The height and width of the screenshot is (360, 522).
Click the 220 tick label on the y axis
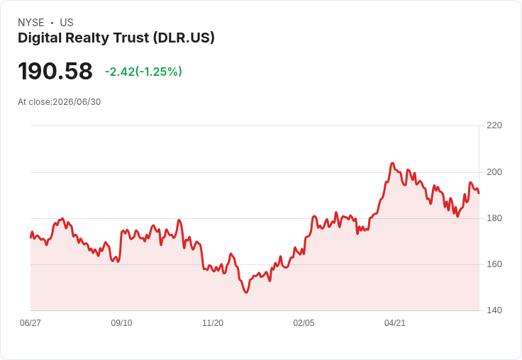point(494,125)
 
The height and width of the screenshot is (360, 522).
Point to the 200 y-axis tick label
point(494,172)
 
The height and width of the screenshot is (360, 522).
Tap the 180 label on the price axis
point(494,218)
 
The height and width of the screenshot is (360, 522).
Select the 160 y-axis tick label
point(494,264)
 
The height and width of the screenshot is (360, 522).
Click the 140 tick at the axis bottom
point(494,310)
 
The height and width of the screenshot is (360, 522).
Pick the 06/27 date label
point(30,323)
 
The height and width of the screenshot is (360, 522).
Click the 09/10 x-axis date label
point(121,323)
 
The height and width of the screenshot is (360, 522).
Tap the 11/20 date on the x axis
point(213,323)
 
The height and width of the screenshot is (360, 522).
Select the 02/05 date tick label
point(304,323)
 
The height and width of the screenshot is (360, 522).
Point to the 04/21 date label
point(395,323)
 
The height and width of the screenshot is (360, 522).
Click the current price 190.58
point(55,71)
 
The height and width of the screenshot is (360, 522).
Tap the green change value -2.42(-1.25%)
point(143,72)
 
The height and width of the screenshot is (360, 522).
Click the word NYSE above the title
point(31,23)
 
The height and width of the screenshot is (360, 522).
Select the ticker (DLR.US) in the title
point(184,38)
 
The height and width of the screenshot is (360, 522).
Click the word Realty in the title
point(87,38)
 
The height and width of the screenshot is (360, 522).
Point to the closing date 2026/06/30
point(77,102)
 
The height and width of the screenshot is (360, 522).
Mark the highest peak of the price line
point(392,163)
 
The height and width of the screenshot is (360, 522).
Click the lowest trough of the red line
point(246,293)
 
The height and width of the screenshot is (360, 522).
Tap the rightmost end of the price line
point(479,193)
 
